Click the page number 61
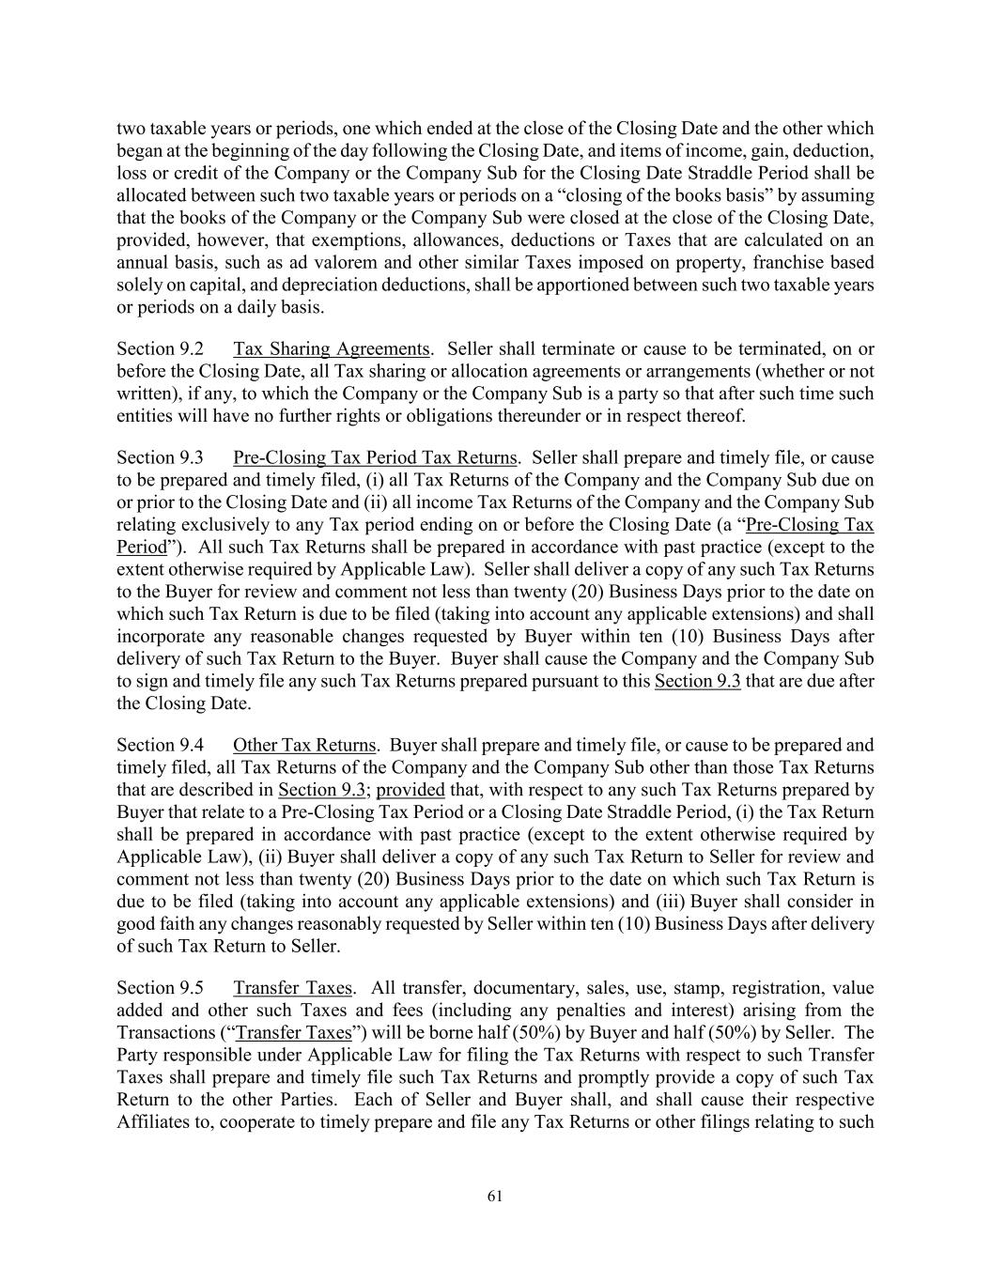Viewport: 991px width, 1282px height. (495, 1196)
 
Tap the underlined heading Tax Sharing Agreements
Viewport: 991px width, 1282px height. (331, 349)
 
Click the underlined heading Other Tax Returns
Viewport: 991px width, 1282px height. (304, 746)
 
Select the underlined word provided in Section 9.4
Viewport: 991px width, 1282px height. (410, 790)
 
